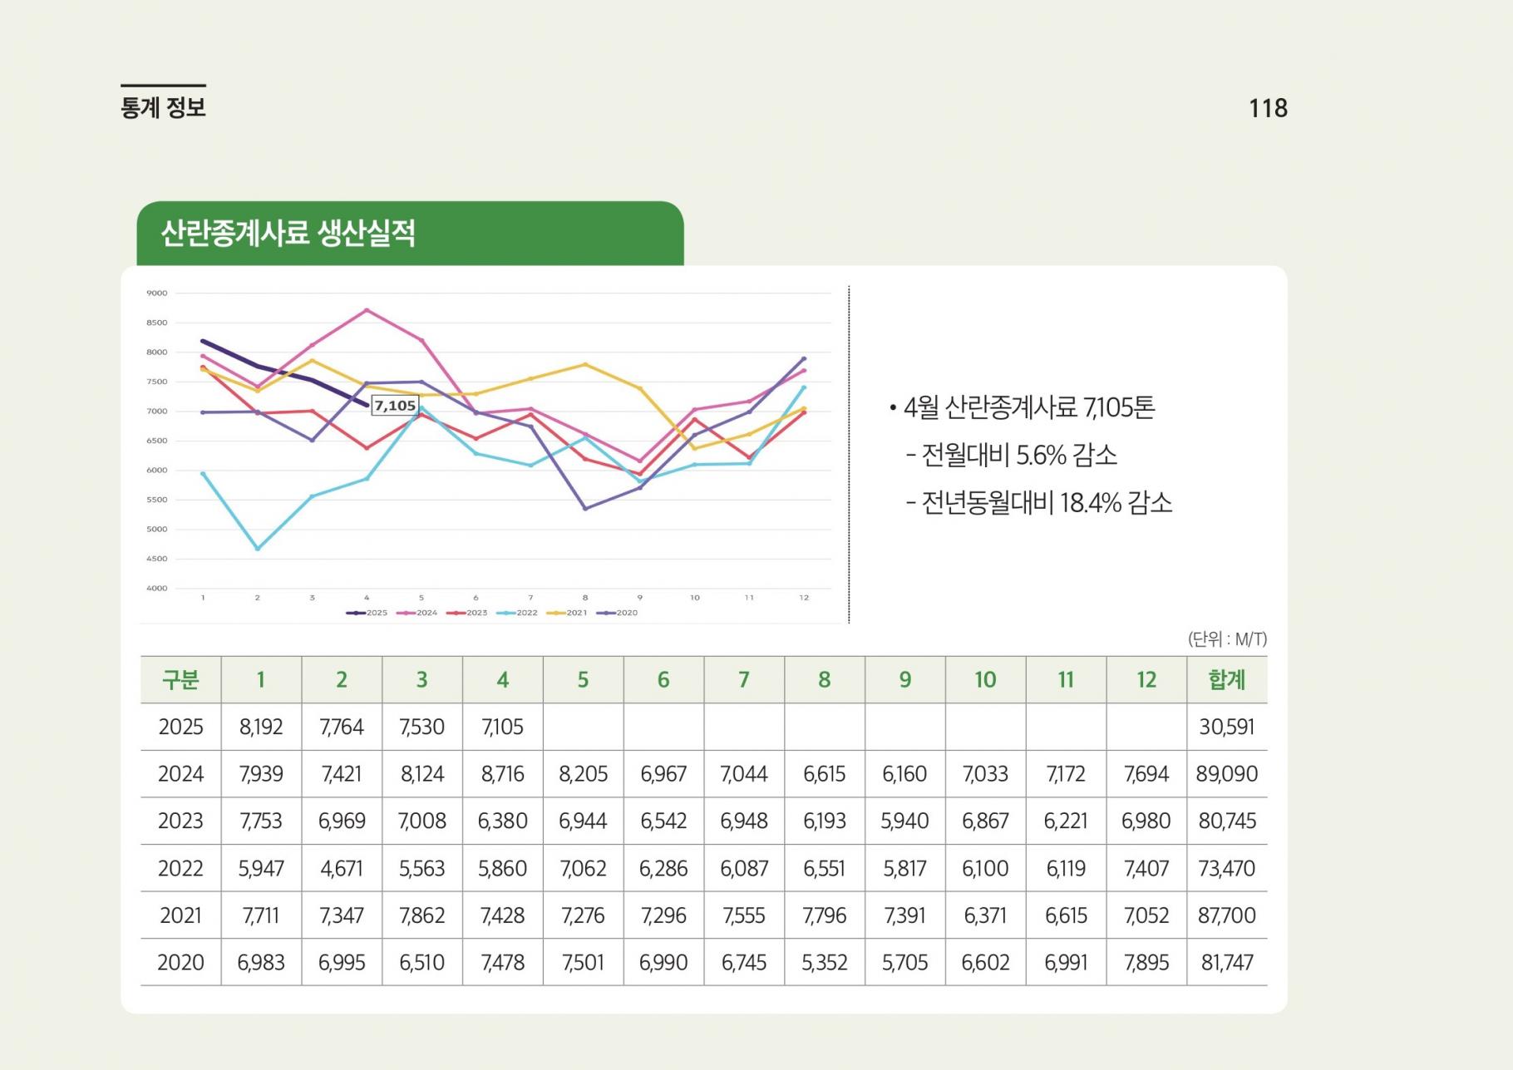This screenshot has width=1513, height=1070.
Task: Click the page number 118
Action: (x=1268, y=108)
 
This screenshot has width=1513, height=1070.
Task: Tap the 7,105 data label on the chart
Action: (x=395, y=406)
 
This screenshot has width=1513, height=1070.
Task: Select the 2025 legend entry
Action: (x=367, y=613)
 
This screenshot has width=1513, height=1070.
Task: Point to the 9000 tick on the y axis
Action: (x=156, y=293)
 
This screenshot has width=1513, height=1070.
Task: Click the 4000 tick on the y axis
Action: (x=156, y=589)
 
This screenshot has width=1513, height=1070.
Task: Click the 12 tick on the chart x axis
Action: (x=804, y=598)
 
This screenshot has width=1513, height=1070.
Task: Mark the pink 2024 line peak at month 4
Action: (x=367, y=310)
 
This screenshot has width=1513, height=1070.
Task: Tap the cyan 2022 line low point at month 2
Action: (x=258, y=549)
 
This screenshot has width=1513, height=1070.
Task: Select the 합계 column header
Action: (x=1227, y=680)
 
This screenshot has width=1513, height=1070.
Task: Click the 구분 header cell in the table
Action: (x=180, y=680)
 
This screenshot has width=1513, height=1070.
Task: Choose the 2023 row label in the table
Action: (x=180, y=821)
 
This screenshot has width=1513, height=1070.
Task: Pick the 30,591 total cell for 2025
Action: (x=1227, y=727)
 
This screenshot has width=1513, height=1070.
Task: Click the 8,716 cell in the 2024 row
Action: (x=503, y=774)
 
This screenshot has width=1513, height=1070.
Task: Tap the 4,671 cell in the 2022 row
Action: (x=342, y=869)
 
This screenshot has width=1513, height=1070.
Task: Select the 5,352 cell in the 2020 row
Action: (x=825, y=963)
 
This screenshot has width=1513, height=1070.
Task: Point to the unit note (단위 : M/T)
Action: (x=1227, y=639)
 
